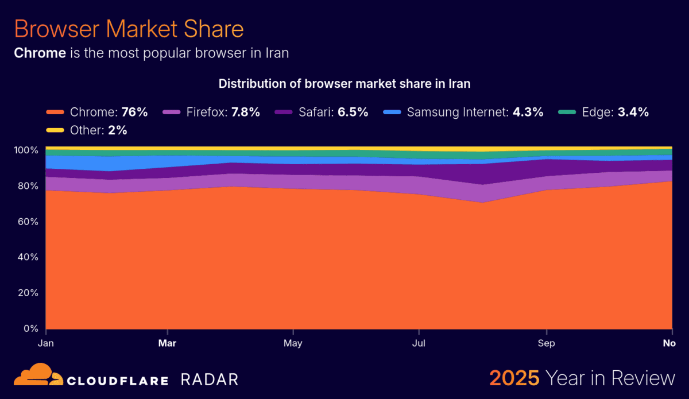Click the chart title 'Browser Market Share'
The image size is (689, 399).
[129, 29]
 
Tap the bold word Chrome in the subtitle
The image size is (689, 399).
[40, 53]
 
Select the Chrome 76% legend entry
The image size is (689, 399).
[97, 112]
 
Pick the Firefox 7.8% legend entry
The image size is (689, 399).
[212, 112]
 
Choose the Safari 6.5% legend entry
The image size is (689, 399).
[322, 112]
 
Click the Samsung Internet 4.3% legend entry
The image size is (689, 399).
[463, 112]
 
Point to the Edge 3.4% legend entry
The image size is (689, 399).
[603, 112]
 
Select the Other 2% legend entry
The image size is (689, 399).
[87, 130]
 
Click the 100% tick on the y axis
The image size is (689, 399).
[26, 150]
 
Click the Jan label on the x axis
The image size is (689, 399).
[47, 343]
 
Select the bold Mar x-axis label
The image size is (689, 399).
[167, 343]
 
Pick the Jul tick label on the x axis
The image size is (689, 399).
[419, 343]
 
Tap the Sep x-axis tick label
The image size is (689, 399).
[546, 343]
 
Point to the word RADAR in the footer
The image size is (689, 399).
[209, 379]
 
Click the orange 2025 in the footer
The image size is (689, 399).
[514, 378]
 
